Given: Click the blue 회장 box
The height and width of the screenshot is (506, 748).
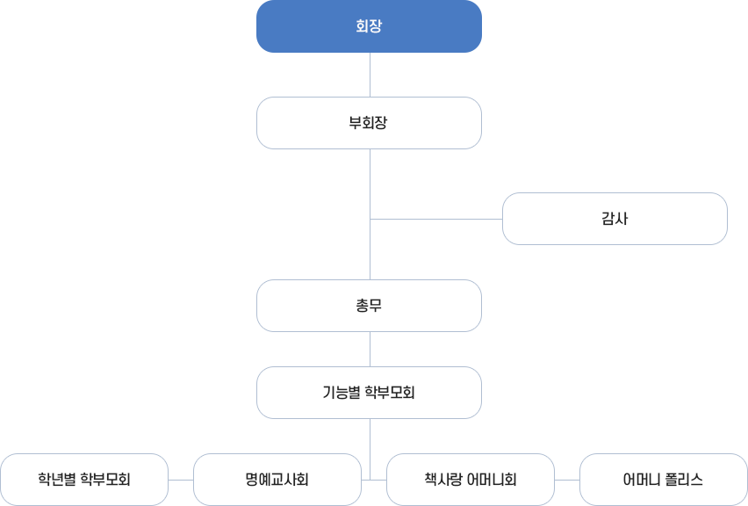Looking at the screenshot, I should (369, 26).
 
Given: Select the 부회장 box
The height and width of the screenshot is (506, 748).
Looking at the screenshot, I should (369, 123).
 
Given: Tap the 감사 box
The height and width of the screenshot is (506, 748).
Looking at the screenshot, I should (615, 219).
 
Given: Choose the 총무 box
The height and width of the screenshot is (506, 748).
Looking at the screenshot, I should (369, 306).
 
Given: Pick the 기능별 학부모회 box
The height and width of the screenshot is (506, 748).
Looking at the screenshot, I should (369, 393).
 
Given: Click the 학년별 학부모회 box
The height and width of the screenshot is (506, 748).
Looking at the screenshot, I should (84, 480).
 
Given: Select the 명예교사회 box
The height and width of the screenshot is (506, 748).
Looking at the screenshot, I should (277, 480).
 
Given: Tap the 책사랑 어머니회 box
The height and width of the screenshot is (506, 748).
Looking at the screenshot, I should (471, 480).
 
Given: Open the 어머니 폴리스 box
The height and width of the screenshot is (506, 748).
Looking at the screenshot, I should (664, 480).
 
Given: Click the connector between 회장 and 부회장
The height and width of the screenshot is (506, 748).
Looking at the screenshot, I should (370, 75).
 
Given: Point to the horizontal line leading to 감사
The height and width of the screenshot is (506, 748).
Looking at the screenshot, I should (435, 219).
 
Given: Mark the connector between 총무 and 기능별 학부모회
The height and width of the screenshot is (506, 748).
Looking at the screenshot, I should (370, 349).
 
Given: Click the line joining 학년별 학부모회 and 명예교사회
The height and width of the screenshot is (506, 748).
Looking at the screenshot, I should (181, 481).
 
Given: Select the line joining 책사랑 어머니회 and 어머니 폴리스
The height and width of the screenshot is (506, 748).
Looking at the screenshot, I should (567, 481).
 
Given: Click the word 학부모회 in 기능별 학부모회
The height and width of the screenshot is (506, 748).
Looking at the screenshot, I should (389, 393).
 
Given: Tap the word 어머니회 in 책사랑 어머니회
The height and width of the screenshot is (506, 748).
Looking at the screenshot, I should (493, 480).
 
